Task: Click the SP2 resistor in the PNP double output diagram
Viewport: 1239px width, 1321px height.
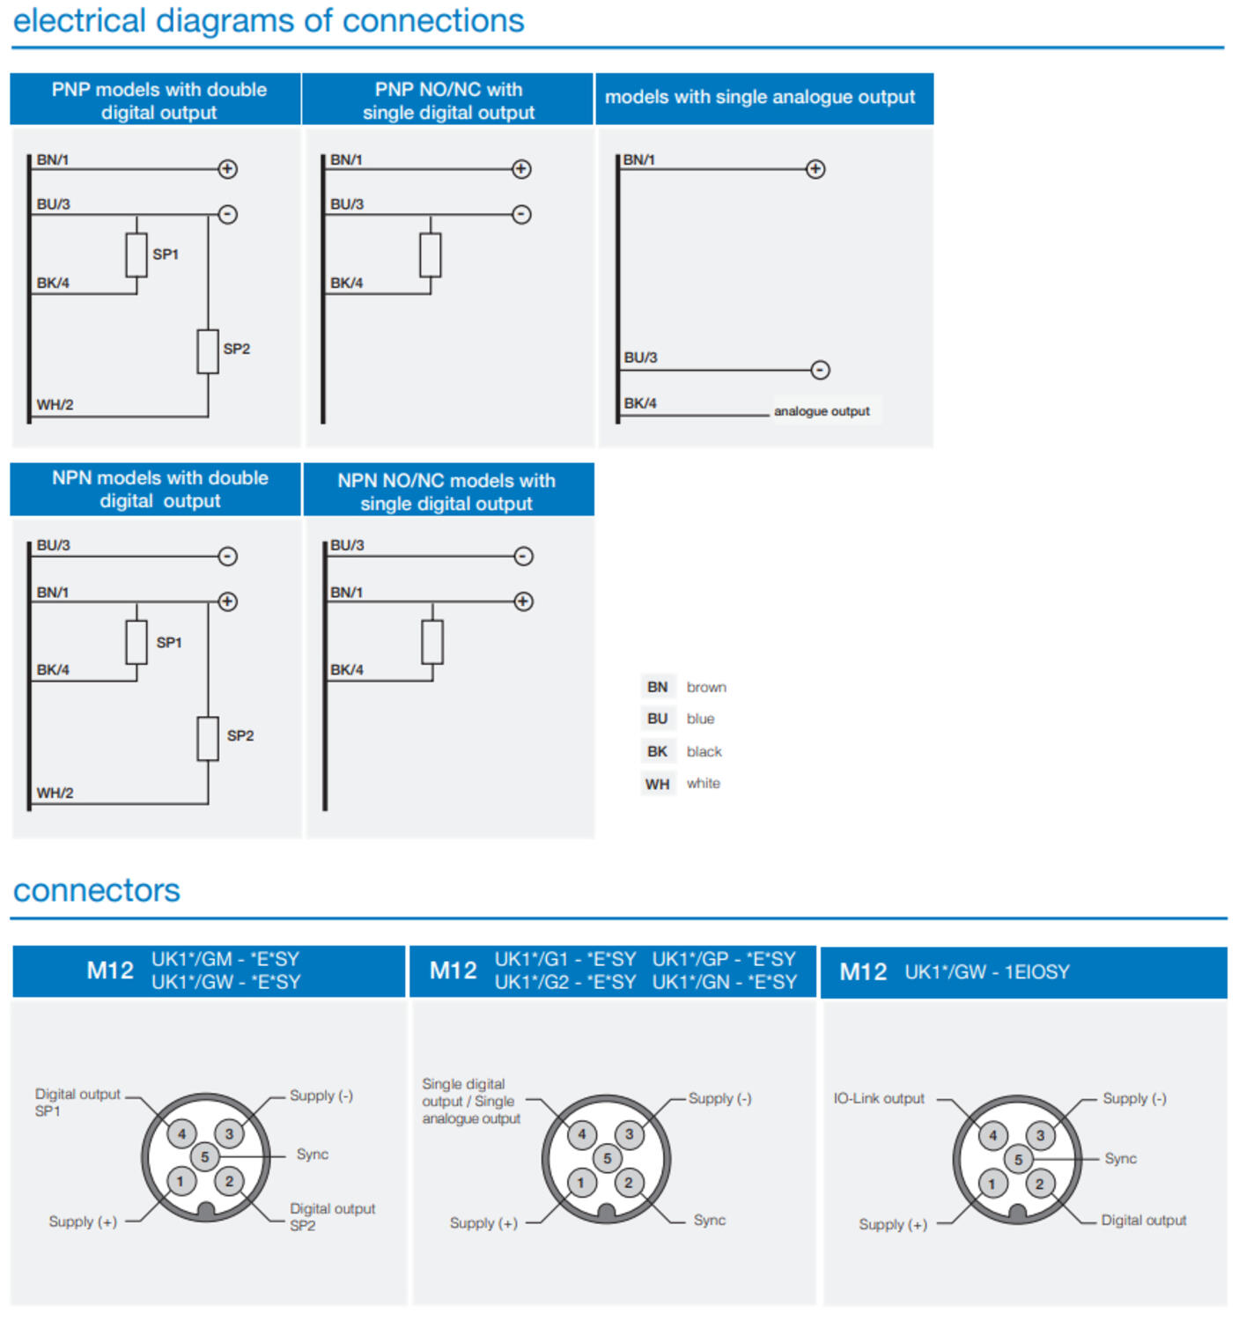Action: click(208, 351)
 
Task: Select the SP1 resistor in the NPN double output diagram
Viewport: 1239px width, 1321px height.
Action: click(136, 642)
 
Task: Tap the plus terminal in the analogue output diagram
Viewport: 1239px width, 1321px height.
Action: click(815, 169)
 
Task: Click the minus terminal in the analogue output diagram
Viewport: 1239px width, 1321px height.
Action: click(820, 370)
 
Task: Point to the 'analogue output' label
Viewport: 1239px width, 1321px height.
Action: click(822, 411)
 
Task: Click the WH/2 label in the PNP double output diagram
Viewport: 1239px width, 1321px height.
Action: click(55, 405)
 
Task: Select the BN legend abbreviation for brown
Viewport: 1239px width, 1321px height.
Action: click(657, 687)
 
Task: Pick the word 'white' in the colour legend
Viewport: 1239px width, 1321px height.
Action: click(703, 784)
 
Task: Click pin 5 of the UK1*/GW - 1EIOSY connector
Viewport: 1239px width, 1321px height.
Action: click(1018, 1160)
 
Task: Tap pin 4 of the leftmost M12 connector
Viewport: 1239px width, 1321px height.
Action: click(182, 1133)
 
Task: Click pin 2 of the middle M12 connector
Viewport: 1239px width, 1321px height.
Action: click(628, 1183)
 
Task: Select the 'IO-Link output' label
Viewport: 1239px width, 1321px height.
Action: click(879, 1099)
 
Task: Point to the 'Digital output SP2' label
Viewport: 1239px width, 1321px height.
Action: click(332, 1217)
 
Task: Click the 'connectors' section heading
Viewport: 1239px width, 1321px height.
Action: click(97, 890)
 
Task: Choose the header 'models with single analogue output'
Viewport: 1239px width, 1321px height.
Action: click(760, 98)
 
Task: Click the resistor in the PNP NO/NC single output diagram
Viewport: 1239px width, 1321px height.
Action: click(431, 255)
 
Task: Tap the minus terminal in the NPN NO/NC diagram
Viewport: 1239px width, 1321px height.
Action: click(523, 557)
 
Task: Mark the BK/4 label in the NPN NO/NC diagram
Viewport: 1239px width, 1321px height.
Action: click(347, 670)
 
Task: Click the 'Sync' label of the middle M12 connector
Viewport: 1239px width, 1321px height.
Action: click(709, 1221)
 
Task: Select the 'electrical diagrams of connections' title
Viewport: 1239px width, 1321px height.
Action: click(269, 21)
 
